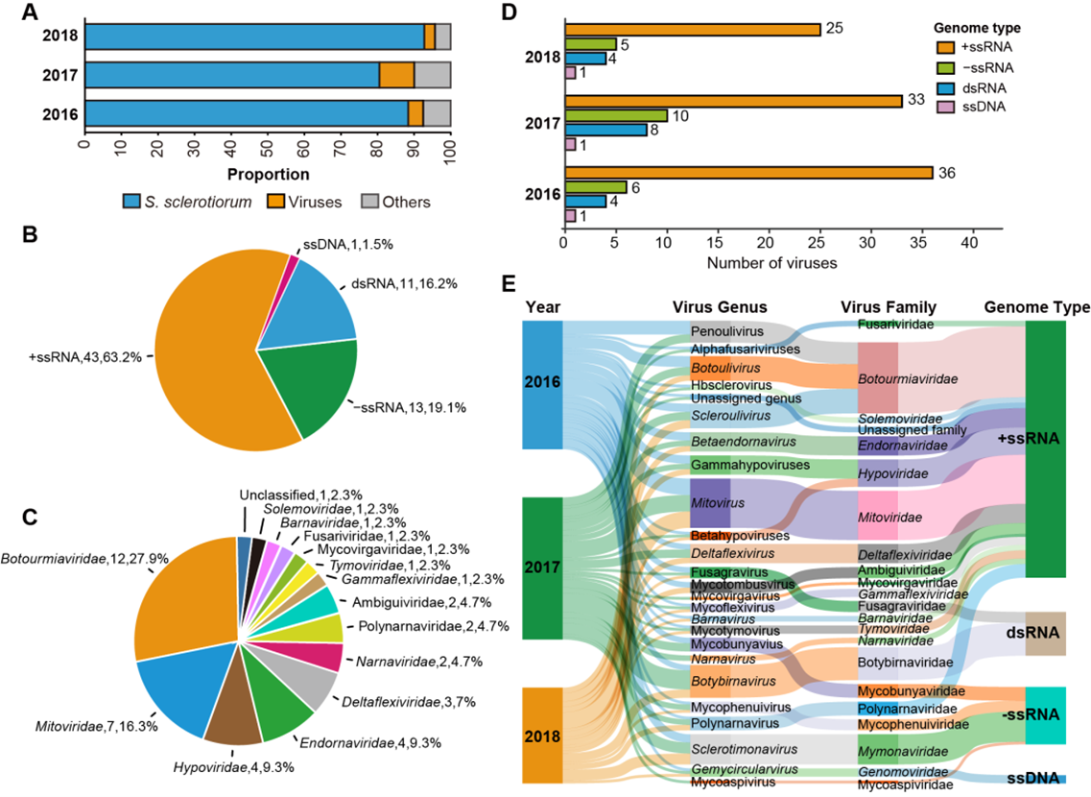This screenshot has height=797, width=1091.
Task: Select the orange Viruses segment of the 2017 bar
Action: pos(396,75)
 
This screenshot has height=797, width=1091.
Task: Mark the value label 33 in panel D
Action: pos(914,100)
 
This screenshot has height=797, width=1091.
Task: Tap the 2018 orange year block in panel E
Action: pos(541,736)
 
